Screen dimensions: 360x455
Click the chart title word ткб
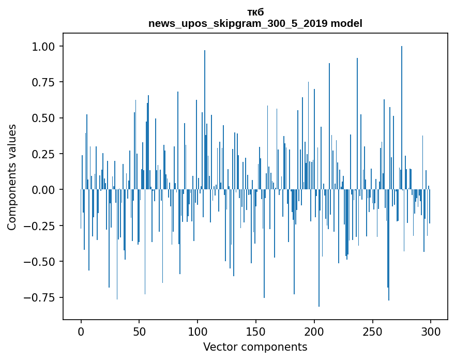(255, 12)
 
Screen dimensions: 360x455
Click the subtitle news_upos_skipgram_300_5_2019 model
(255, 23)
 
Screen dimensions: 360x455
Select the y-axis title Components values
(12, 177)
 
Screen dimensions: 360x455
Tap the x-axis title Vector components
(255, 347)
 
